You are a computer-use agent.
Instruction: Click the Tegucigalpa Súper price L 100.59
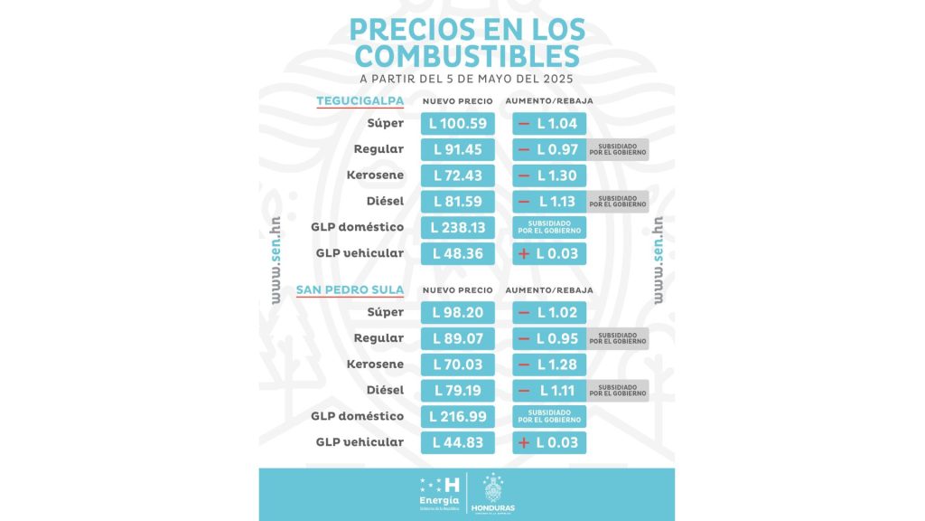(458, 123)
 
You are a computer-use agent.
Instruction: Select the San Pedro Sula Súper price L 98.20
(458, 313)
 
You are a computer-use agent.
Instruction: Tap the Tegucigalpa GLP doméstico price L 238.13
(458, 227)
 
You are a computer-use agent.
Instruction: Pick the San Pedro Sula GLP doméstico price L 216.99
(458, 417)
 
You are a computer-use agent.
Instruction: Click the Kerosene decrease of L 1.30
(549, 175)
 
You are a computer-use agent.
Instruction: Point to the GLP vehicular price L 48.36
(458, 253)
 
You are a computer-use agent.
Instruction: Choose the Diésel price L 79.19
(458, 391)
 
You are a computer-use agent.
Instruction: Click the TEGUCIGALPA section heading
(360, 100)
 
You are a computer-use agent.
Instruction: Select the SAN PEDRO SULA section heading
(350, 290)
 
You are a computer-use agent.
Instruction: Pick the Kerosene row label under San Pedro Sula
(375, 365)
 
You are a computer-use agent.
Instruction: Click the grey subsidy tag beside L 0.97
(618, 149)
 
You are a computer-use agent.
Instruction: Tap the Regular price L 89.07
(458, 338)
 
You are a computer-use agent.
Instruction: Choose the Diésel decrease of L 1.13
(549, 202)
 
